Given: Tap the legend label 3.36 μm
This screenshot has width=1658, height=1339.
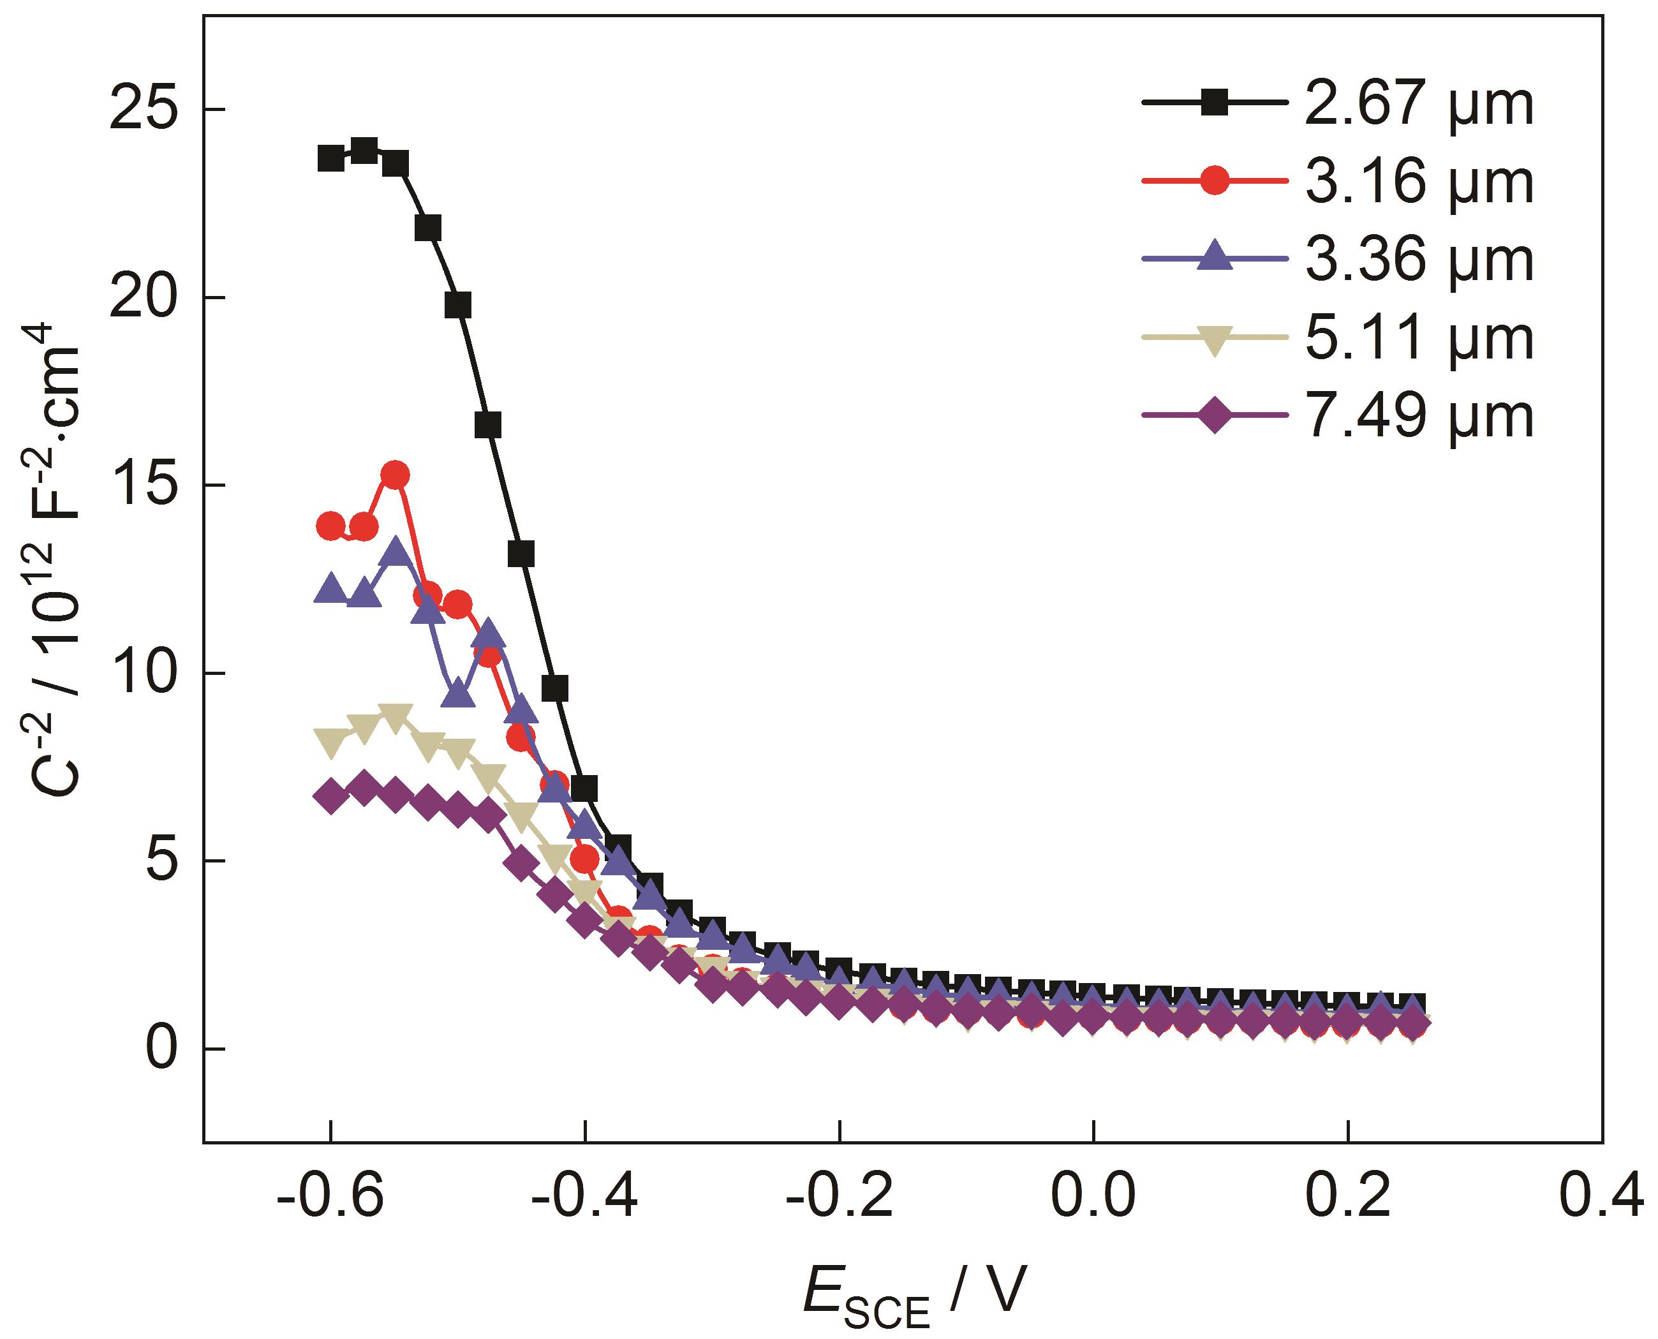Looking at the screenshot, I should (1418, 261).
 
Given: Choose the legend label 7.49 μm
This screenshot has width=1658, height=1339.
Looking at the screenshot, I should (1418, 417).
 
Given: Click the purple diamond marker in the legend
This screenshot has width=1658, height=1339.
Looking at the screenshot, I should (1215, 417).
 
